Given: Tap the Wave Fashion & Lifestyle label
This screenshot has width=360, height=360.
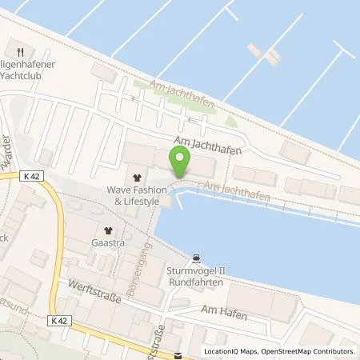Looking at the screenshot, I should click(134, 196).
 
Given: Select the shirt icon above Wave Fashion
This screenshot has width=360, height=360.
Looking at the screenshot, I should click(135, 178).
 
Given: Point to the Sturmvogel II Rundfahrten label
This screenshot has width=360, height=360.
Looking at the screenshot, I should click(195, 276).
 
